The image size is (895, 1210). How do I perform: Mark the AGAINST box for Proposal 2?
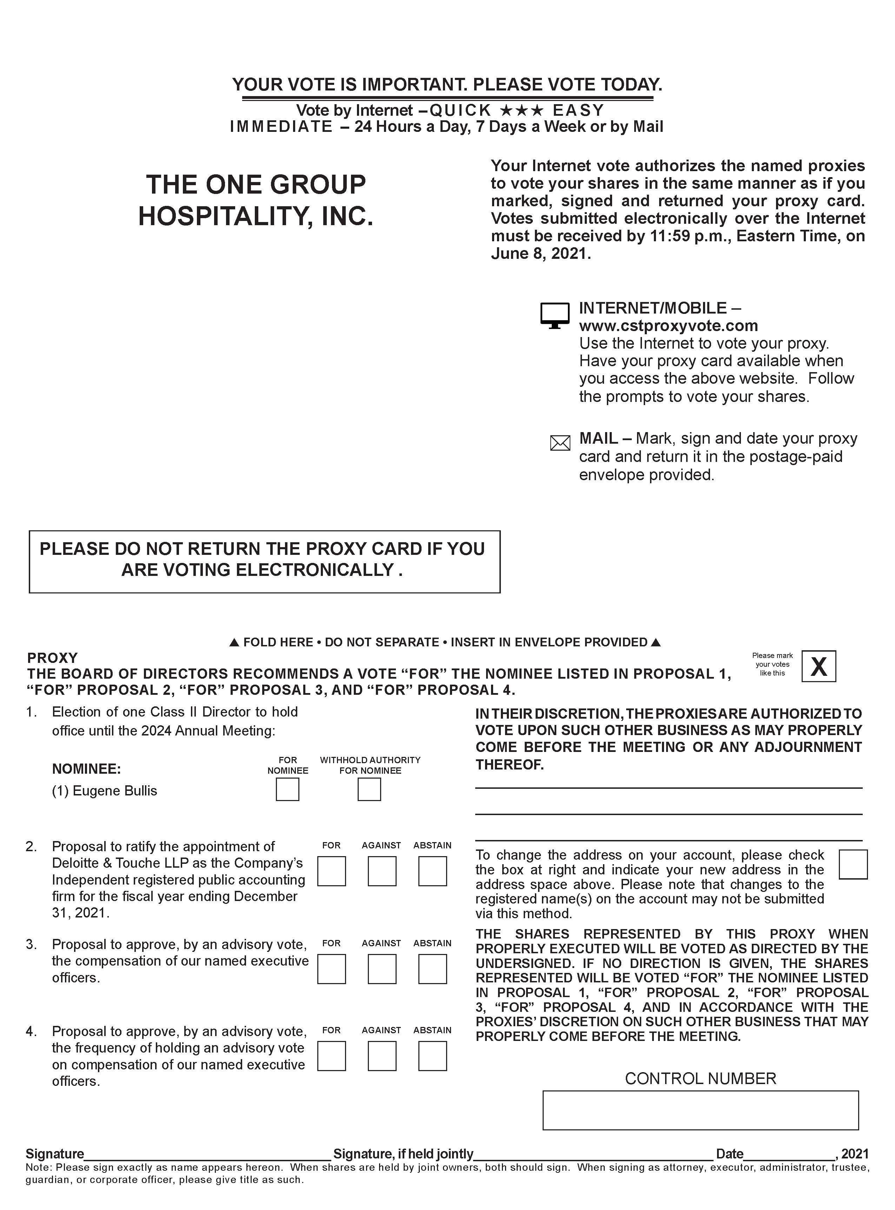[382, 871]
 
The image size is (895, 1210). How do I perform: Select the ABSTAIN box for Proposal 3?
[432, 969]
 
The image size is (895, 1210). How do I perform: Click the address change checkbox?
[853, 864]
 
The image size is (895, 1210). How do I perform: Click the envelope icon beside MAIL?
[560, 443]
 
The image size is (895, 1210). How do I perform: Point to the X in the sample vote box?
[818, 666]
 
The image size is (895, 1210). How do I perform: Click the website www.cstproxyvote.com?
[668, 326]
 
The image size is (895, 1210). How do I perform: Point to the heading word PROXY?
[53, 658]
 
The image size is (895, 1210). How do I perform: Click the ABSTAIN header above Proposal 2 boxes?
[432, 845]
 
